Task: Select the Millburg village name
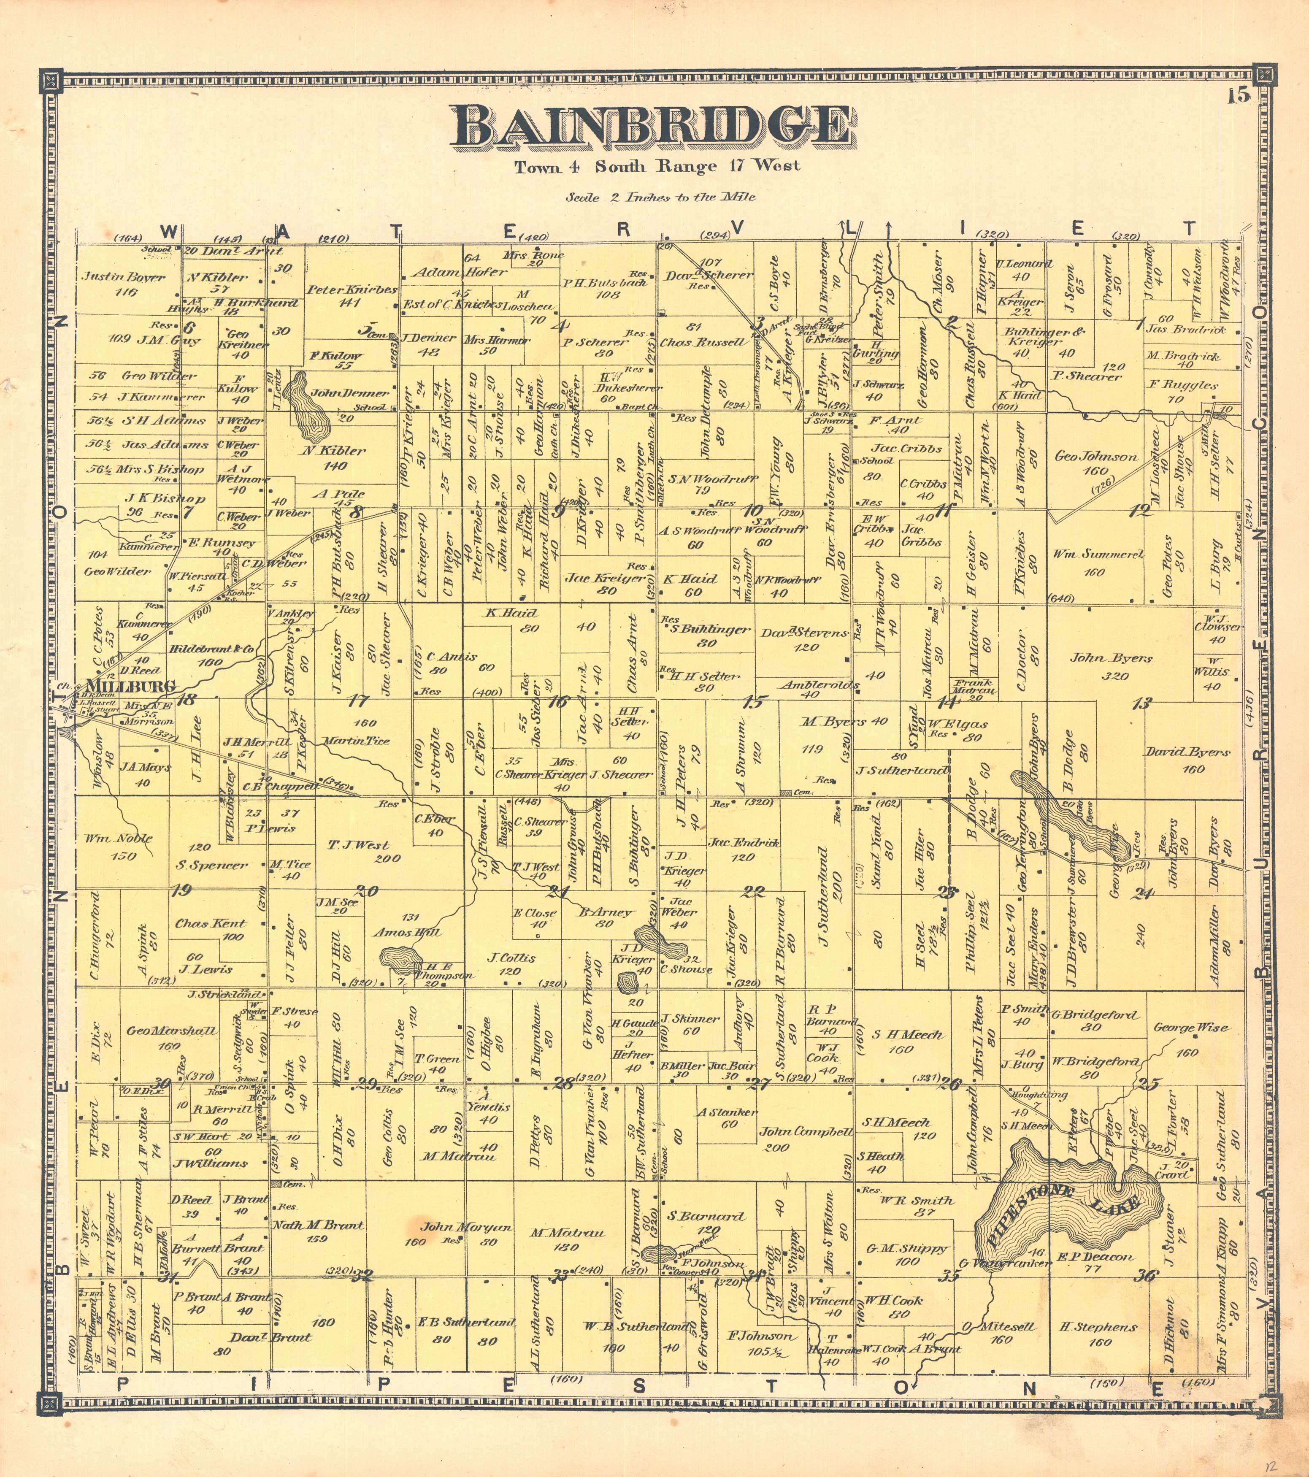(130, 686)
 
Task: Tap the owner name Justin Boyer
(123, 277)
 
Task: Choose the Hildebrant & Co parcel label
(212, 649)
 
